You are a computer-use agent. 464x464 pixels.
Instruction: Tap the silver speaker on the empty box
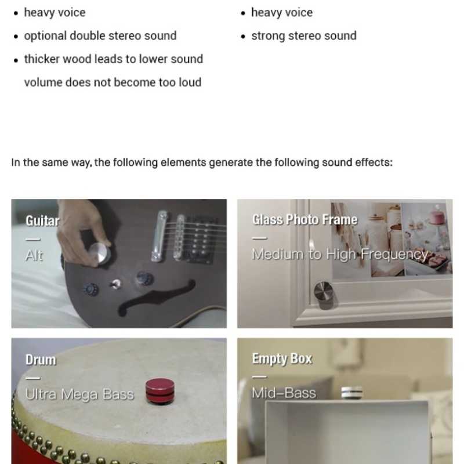[x=351, y=393]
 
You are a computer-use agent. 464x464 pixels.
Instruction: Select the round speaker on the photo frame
[x=324, y=295]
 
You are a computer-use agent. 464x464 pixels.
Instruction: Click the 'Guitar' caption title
[x=42, y=221]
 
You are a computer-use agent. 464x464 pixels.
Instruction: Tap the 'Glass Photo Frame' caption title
[x=305, y=220]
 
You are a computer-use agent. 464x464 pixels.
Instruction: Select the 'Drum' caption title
[x=41, y=360]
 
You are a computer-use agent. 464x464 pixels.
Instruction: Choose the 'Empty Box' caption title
[x=282, y=358]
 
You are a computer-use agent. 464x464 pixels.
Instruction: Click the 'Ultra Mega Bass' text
[x=79, y=394]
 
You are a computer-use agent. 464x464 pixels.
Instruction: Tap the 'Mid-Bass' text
[x=284, y=393]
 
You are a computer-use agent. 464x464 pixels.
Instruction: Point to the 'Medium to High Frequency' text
[x=340, y=254]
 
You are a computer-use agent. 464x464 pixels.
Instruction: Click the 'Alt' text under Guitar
[x=34, y=255]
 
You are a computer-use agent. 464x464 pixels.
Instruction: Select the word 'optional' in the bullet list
[x=45, y=36]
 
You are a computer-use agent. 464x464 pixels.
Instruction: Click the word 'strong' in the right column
[x=268, y=36]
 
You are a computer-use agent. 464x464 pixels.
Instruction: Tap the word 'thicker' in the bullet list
[x=42, y=59]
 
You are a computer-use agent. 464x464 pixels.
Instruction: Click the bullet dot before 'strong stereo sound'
[x=243, y=37]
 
